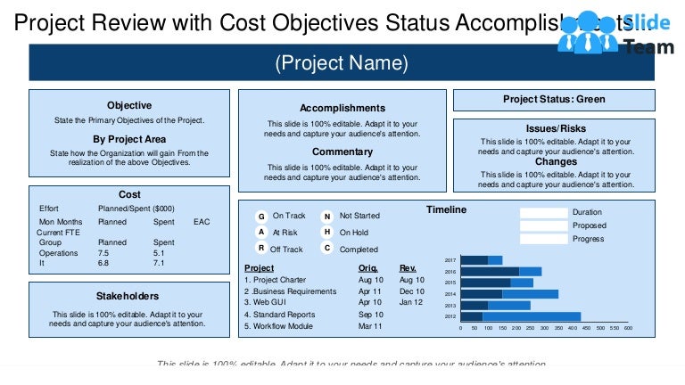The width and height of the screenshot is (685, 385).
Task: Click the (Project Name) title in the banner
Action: tap(342, 63)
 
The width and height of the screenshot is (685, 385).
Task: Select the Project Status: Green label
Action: tap(554, 99)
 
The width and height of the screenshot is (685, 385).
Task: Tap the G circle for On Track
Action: tap(261, 217)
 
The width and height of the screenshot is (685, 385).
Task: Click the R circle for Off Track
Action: tap(261, 249)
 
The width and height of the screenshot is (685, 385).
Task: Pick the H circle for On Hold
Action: tap(327, 233)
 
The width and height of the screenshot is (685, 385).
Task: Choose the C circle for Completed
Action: tap(327, 249)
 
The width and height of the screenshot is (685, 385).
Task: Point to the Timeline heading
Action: tap(445, 210)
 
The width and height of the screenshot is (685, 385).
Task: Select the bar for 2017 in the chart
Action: tap(482, 260)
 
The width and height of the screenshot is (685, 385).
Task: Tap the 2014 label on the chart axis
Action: tap(450, 294)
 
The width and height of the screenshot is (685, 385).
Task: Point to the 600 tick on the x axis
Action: tap(628, 328)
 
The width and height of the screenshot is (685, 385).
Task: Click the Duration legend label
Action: tap(587, 213)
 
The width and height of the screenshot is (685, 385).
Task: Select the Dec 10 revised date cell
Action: tap(411, 291)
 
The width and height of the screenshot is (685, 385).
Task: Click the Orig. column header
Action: tap(367, 267)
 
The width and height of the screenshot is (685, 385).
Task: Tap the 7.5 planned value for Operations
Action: tap(103, 253)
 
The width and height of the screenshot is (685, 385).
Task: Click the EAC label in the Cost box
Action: tap(202, 221)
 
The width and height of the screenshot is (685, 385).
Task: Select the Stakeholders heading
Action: tap(128, 296)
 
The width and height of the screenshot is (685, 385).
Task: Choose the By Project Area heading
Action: tap(129, 139)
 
